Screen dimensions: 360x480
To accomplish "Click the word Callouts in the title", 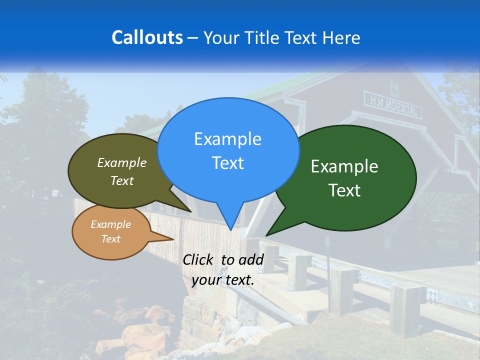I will pos(147,37).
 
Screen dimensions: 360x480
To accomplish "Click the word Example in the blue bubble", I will pos(227,139).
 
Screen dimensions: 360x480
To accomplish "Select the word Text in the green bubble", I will pos(344,190).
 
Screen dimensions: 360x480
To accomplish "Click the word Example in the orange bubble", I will pos(110,224).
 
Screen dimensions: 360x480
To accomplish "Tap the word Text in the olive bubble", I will pos(122,180).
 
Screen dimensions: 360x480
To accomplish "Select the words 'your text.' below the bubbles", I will pos(223,280).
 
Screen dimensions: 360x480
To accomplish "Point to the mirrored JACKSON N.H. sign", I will pos(392,104).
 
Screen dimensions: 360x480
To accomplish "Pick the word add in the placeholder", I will pos(250,259).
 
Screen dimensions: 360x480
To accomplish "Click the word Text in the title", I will pos(304,37).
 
